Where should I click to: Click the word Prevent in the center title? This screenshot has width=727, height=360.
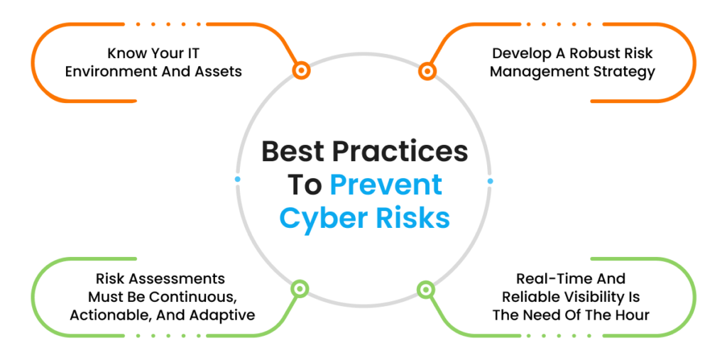386,185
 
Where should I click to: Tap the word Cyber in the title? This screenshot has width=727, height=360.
320,218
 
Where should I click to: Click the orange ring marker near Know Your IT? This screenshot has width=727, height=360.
301,70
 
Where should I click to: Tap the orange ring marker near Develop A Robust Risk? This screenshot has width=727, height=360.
427,72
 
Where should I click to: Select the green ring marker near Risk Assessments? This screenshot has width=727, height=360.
300,288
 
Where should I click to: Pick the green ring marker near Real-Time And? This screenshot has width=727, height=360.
426,289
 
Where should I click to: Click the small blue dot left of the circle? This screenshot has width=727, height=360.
238,179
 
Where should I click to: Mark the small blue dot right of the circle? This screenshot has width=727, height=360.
490,181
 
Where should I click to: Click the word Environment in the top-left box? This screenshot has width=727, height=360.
103,72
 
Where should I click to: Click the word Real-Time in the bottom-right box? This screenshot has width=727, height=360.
550,278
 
